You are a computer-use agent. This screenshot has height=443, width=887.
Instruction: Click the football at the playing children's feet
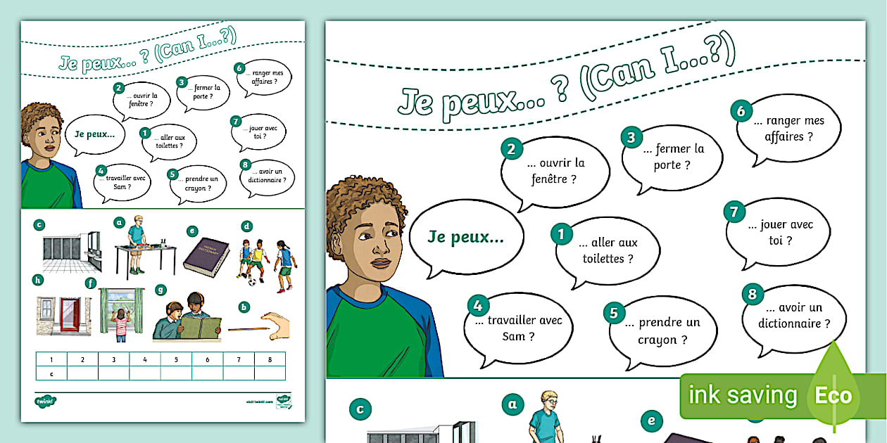(253, 282)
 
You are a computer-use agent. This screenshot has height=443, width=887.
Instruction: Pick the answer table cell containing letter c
(51, 374)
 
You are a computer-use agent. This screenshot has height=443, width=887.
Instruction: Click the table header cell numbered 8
(270, 360)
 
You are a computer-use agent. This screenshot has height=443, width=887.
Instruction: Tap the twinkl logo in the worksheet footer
(45, 402)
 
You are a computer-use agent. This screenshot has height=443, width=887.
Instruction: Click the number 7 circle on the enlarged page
(734, 212)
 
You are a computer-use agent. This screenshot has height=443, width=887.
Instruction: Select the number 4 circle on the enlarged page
(477, 305)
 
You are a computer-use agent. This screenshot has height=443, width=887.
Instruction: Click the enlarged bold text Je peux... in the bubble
(465, 237)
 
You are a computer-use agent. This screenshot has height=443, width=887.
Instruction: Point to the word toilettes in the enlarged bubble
(608, 259)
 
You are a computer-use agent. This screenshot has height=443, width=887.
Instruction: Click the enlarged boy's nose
(379, 247)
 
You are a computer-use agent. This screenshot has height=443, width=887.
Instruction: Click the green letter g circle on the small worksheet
(161, 289)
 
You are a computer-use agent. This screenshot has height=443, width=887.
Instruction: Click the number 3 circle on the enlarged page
(631, 137)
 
